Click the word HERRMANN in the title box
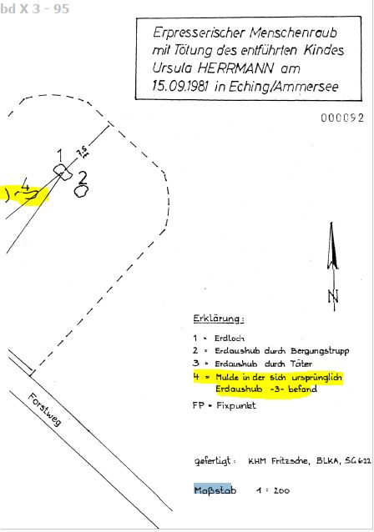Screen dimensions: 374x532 pos(235,68)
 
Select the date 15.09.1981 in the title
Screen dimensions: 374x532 pos(179,86)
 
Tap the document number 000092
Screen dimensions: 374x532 pos(342,118)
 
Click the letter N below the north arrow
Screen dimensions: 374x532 pos(333,297)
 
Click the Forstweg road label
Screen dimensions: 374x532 pos(45,409)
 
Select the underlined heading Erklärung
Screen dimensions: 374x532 pos(219,319)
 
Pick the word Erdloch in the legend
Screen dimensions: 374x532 pos(230,339)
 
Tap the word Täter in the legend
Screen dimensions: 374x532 pos(301,364)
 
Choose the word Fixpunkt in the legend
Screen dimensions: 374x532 pos(236,405)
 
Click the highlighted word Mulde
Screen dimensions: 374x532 pos(227,377)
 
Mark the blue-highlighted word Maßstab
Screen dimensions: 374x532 pos(215,490)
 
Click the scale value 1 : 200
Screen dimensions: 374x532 pos(273,490)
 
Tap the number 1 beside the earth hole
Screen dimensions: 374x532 pos(60,155)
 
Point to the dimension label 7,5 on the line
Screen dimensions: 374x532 pos(83,151)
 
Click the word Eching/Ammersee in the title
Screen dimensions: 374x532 pos(283,87)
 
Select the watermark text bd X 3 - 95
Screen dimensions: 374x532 pos(35,8)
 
